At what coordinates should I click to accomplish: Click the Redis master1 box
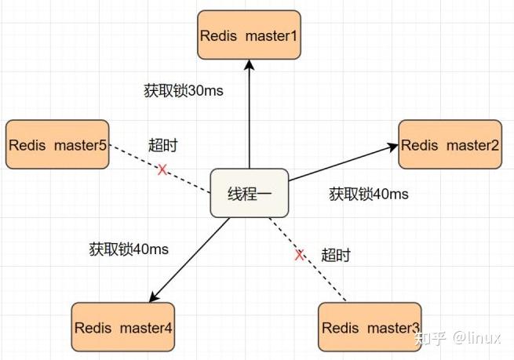pos(249,35)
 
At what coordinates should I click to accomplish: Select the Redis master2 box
pos(450,144)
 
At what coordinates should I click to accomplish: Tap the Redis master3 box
pos(371,327)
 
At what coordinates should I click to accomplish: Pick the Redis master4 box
pos(123,327)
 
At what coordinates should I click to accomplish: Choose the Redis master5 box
pos(57,144)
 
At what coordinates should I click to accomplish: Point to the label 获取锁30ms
pos(183,90)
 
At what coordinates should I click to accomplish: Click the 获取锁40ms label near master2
pos(368,194)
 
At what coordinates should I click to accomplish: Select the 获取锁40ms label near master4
pos(129,249)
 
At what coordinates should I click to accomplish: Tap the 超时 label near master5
pos(163,145)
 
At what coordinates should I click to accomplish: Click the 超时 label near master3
pos(336,255)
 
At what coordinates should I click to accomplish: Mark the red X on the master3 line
pos(299,255)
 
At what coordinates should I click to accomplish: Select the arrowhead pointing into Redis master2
pos(392,147)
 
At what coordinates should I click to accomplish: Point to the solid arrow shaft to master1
pos(249,118)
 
